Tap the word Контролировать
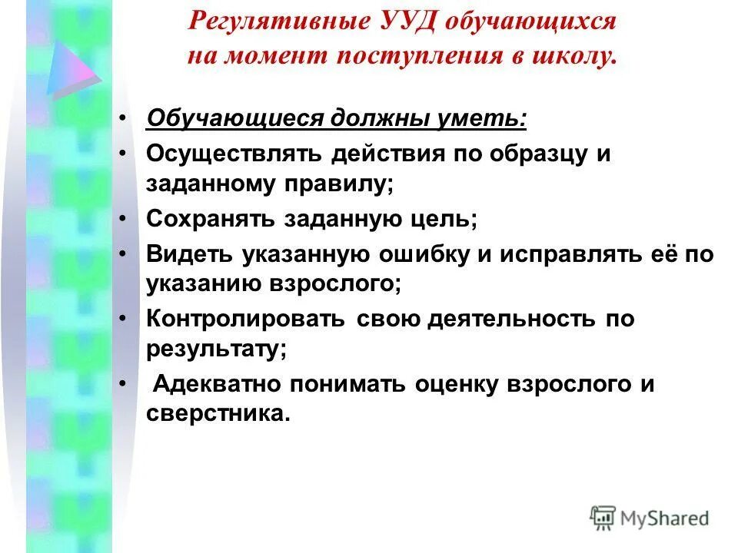click(246, 318)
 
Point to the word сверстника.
click(218, 413)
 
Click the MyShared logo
click(650, 518)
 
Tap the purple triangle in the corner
click(71, 65)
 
